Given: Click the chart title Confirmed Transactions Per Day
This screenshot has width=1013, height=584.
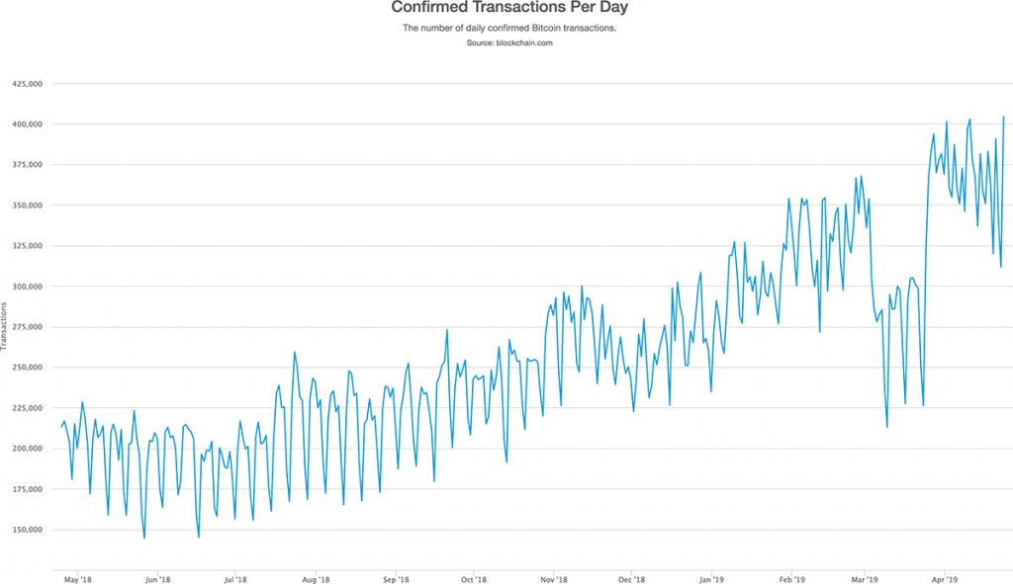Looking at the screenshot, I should [509, 8].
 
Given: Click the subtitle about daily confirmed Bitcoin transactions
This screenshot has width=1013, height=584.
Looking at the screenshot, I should [509, 29].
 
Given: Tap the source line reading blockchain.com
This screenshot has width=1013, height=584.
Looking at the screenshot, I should [509, 42].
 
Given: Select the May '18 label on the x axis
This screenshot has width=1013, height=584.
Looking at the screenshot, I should [79, 580].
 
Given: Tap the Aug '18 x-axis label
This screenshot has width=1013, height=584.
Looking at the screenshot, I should [315, 580].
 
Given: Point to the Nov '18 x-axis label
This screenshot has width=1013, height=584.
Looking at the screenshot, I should [554, 580].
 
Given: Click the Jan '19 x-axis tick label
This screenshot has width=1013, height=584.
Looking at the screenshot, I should [710, 580].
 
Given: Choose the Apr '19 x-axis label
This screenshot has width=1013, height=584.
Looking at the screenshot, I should [945, 580].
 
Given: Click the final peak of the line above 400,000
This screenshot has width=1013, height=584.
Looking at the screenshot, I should [1004, 117].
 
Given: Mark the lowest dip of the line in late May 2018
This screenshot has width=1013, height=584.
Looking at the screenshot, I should [144, 539].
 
